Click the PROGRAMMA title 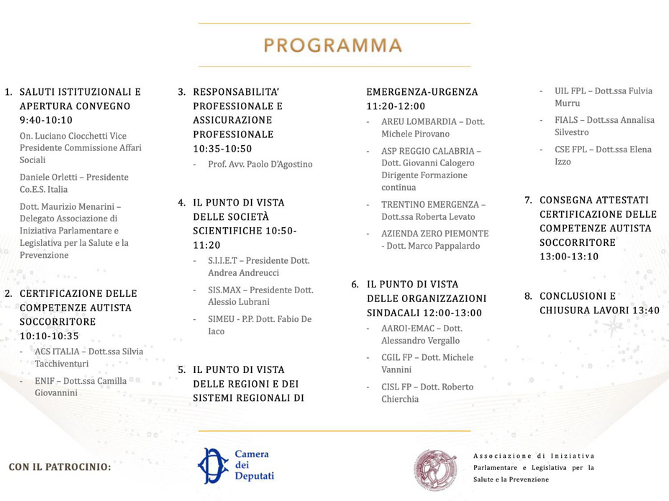coord(333,46)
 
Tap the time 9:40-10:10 coord(46,120)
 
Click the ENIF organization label coord(45,381)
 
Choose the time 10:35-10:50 coord(222,149)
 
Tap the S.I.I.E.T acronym coord(224,260)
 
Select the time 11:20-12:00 coord(396,106)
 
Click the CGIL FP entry coord(398,357)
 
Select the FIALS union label coord(568,120)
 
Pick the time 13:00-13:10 coord(568,257)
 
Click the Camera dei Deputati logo coord(236,465)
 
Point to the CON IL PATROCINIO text coord(60,467)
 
